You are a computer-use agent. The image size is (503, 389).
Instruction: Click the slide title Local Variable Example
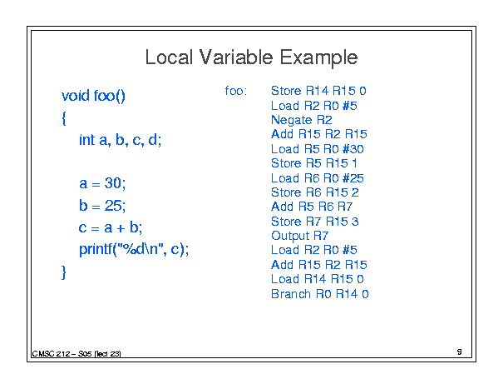click(x=251, y=57)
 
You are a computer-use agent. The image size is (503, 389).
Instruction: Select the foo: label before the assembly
click(x=236, y=91)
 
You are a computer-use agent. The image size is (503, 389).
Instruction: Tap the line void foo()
click(x=93, y=96)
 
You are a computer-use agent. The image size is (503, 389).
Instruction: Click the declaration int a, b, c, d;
click(x=121, y=140)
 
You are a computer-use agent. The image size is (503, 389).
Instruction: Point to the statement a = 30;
click(x=102, y=183)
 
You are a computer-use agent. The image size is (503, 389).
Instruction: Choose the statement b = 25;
click(x=102, y=205)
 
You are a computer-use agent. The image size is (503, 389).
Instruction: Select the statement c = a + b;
click(x=111, y=227)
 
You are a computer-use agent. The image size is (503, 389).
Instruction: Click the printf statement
click(x=134, y=249)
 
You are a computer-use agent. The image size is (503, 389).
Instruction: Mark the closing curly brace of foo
click(x=63, y=272)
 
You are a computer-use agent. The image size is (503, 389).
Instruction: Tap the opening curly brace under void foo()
click(x=64, y=118)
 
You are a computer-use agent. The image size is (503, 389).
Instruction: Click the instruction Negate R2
click(x=302, y=120)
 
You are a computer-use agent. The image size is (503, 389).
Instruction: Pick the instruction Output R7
click(x=299, y=236)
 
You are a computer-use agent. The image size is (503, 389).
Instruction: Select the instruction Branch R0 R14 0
click(x=320, y=294)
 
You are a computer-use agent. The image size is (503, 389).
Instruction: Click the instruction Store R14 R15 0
click(x=318, y=91)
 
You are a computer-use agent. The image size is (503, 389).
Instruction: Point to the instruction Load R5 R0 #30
click(x=318, y=149)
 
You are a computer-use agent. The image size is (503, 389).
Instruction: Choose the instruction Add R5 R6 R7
click(x=312, y=207)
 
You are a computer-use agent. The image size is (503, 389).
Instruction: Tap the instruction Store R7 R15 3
click(x=315, y=222)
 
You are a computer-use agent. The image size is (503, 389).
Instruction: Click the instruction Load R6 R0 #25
click(x=318, y=177)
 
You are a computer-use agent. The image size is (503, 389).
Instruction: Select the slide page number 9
click(x=460, y=352)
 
